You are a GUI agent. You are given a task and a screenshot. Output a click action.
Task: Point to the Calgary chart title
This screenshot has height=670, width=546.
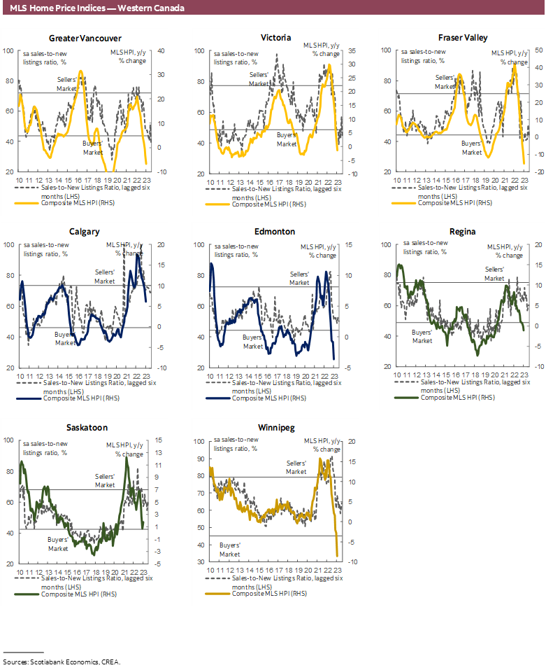[x=85, y=232]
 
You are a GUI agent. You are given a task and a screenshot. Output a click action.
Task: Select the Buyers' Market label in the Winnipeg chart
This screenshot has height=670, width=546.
[x=231, y=549]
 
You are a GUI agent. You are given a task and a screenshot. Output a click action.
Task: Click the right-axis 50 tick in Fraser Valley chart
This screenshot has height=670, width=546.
[x=519, y=50]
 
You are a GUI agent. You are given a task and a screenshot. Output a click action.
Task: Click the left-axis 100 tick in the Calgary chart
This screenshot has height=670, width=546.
[x=8, y=245]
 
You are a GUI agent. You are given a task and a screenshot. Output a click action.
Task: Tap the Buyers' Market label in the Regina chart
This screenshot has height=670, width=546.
[x=422, y=337]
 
